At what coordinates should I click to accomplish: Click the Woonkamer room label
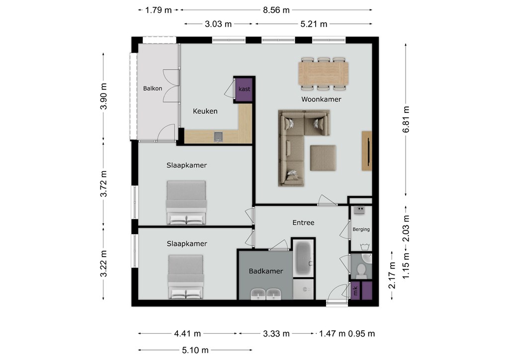tap(321, 99)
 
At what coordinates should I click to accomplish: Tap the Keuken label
tap(205, 111)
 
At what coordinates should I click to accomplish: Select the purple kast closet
tap(244, 89)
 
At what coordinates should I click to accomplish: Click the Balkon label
tap(153, 89)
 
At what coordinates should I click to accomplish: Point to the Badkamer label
tap(266, 271)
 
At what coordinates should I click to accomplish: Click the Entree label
tap(303, 223)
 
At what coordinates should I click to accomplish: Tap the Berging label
tap(361, 229)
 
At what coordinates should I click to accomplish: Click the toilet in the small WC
tap(361, 270)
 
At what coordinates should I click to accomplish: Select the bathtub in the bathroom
tap(304, 258)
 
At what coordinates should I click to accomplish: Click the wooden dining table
tap(323, 73)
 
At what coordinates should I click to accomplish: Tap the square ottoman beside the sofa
tap(323, 158)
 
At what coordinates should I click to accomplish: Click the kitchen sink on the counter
tap(219, 137)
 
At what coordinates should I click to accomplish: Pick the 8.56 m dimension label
tap(276, 10)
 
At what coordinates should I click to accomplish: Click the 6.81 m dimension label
tap(406, 119)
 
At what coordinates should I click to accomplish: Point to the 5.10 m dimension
tap(195, 350)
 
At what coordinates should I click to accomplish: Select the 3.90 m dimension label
tap(103, 96)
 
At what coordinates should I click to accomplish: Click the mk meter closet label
tap(355, 290)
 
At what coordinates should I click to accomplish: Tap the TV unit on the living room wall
tap(367, 151)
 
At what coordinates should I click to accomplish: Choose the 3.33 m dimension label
tap(276, 334)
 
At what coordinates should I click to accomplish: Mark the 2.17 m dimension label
tap(392, 275)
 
